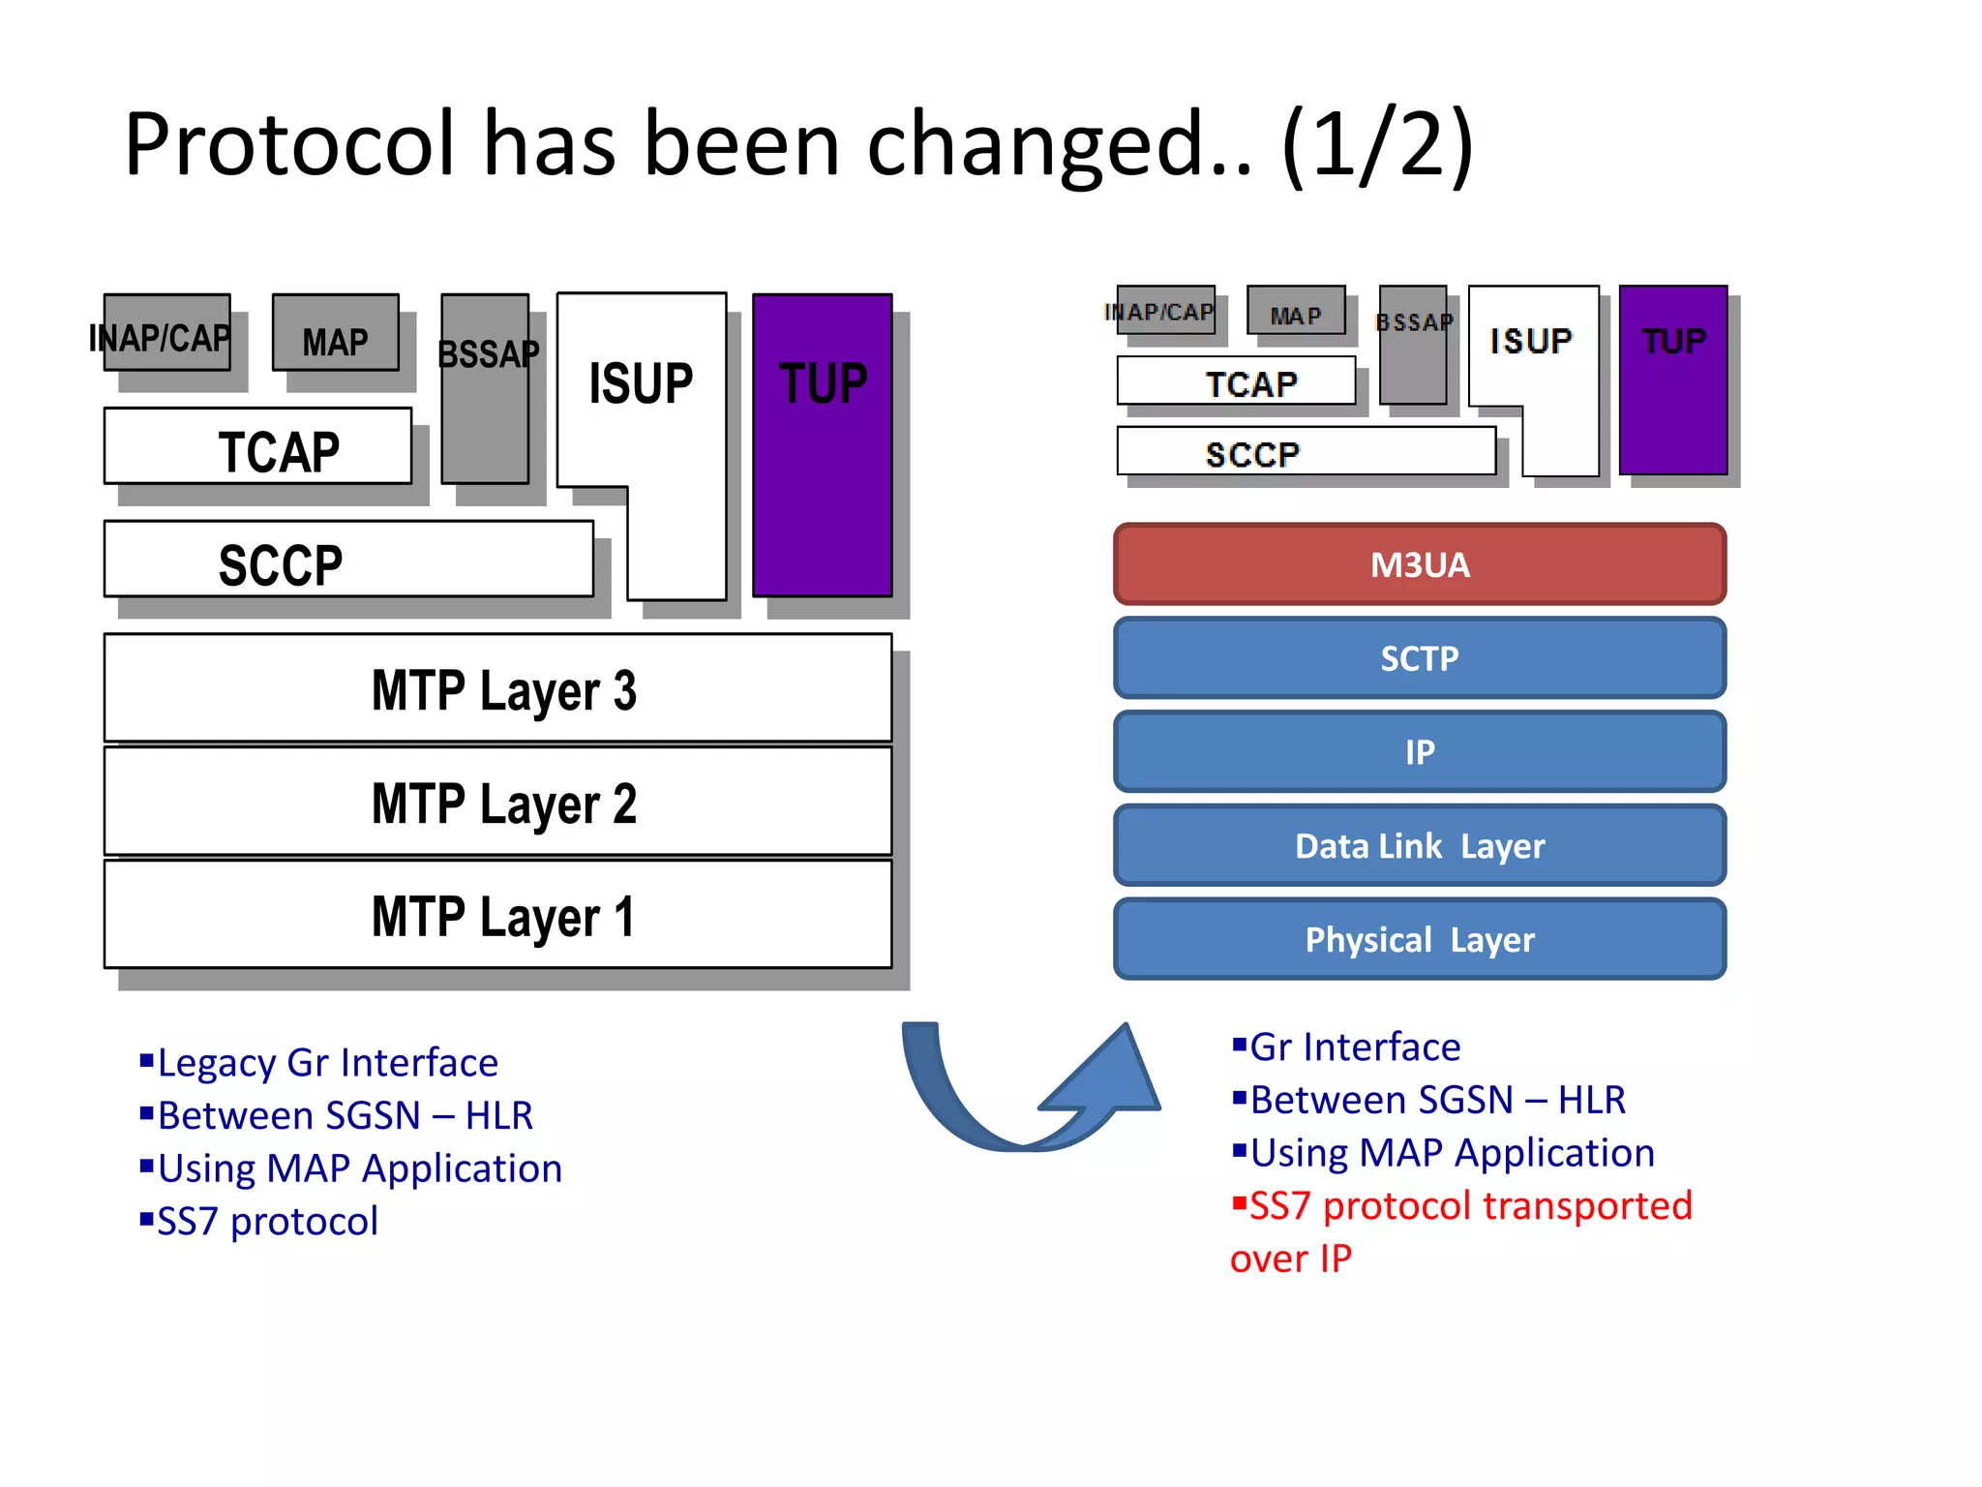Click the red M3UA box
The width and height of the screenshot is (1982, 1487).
coord(1419,564)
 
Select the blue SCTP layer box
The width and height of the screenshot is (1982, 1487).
coord(1419,658)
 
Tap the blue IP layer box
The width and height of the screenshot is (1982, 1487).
coord(1419,752)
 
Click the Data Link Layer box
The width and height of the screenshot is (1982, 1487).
coord(1419,846)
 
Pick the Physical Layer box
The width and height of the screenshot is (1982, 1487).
coord(1419,939)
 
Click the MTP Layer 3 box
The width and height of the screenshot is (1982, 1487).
coord(498,689)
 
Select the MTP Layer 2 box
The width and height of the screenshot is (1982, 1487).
coord(498,802)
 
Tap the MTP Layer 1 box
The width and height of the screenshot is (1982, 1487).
coord(498,915)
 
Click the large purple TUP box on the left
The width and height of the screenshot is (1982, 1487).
coord(823,445)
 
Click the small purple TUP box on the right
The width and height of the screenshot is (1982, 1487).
coord(1673,379)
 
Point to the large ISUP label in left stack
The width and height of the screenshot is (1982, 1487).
coord(641,383)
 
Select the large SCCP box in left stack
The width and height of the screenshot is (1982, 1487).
coord(348,561)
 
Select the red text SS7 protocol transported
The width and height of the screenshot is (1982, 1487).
coord(1470,1206)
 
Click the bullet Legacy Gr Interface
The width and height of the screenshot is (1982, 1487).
coord(327,1063)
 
